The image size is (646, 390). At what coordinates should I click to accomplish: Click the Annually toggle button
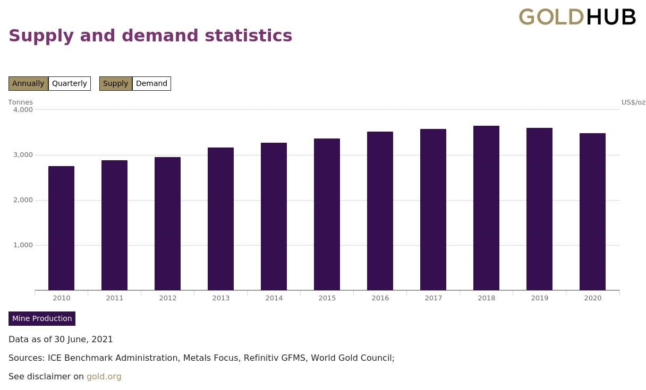pos(28,83)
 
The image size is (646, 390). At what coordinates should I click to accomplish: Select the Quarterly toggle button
pos(70,83)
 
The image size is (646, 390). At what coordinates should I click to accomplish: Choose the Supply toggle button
pos(115,83)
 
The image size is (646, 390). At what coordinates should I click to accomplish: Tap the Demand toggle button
pos(151,83)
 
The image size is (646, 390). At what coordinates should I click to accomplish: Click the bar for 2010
pos(61,228)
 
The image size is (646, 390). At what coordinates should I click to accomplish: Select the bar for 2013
pos(220,219)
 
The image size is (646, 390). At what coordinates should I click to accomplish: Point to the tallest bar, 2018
pos(486,208)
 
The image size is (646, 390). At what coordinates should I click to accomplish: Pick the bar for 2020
pos(592,212)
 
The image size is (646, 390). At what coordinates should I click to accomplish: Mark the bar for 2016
pos(380,211)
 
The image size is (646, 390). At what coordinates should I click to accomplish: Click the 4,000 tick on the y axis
pos(23,110)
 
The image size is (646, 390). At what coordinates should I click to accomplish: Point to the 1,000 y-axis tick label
pos(23,245)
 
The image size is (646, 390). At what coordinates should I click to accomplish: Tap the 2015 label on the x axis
pos(327,298)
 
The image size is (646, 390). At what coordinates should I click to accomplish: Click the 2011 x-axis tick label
pos(114,298)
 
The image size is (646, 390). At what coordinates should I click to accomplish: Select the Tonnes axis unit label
pos(20,102)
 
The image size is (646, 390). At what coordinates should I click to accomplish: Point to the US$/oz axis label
pos(633,102)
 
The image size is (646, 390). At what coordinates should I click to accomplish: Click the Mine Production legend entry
pos(42,318)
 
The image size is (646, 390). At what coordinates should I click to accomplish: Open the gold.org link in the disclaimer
pos(104,376)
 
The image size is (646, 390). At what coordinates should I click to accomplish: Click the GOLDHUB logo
pos(577,17)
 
